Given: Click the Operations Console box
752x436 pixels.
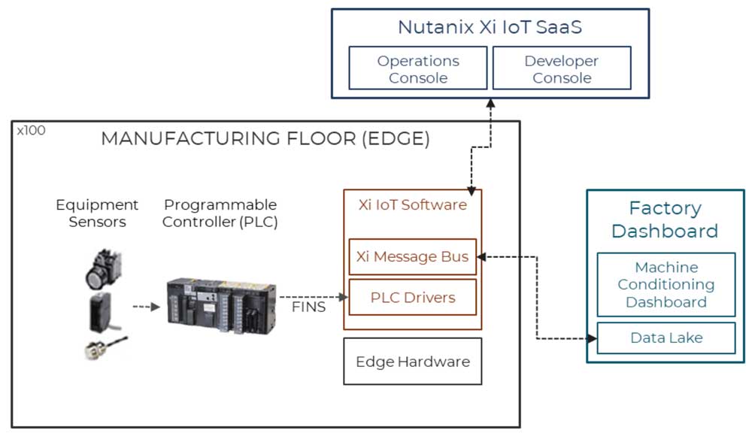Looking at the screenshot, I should (418, 69).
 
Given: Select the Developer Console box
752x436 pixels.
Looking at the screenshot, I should (561, 69).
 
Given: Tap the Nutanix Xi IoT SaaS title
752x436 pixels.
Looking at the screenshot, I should (490, 28).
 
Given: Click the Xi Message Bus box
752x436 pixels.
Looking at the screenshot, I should (412, 257).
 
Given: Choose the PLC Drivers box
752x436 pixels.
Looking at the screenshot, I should (412, 298).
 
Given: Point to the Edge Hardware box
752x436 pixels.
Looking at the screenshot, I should (412, 362).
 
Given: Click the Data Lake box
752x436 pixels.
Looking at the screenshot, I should (666, 338).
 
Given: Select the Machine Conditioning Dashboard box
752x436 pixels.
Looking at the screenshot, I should (666, 284).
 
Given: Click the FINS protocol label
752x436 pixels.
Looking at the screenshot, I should (308, 307).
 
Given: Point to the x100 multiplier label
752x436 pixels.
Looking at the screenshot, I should (31, 130).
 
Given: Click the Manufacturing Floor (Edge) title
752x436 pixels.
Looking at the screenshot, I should (265, 139).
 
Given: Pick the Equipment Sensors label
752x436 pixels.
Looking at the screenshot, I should (97, 213).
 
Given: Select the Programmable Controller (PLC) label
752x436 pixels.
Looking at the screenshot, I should (220, 213).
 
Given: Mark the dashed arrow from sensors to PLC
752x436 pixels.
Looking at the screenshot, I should (146, 307).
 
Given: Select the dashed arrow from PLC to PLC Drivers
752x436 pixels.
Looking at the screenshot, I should (312, 298).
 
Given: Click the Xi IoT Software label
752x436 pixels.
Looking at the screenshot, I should (412, 204).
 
